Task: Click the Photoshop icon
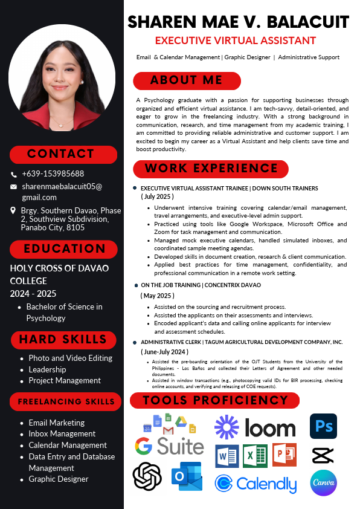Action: pos(323,426)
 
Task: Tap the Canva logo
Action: pos(323,482)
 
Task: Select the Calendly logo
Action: pos(256,484)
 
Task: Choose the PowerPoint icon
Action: pos(284,455)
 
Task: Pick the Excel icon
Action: pos(256,455)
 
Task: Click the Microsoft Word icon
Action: pos(227,455)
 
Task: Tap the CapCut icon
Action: pos(323,455)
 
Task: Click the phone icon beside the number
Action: pos(14,174)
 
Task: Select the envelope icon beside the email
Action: pos(14,187)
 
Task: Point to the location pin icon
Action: pos(14,210)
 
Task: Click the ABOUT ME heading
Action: pos(187,80)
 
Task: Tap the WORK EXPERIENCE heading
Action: pos(210,169)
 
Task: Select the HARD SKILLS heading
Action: pos(63,339)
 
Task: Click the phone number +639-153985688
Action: pos(53,173)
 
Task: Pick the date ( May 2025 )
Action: pos(157,296)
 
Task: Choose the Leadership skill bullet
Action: pos(47,369)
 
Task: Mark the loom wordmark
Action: pos(270,427)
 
